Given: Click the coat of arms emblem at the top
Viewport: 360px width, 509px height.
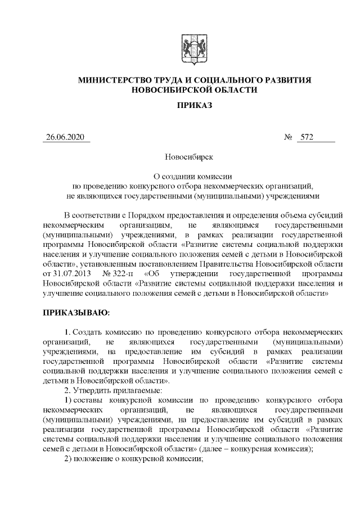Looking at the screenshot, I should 194,49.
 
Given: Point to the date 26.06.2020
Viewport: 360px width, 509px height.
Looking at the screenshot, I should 66,138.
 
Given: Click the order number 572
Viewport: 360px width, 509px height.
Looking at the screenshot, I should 307,138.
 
